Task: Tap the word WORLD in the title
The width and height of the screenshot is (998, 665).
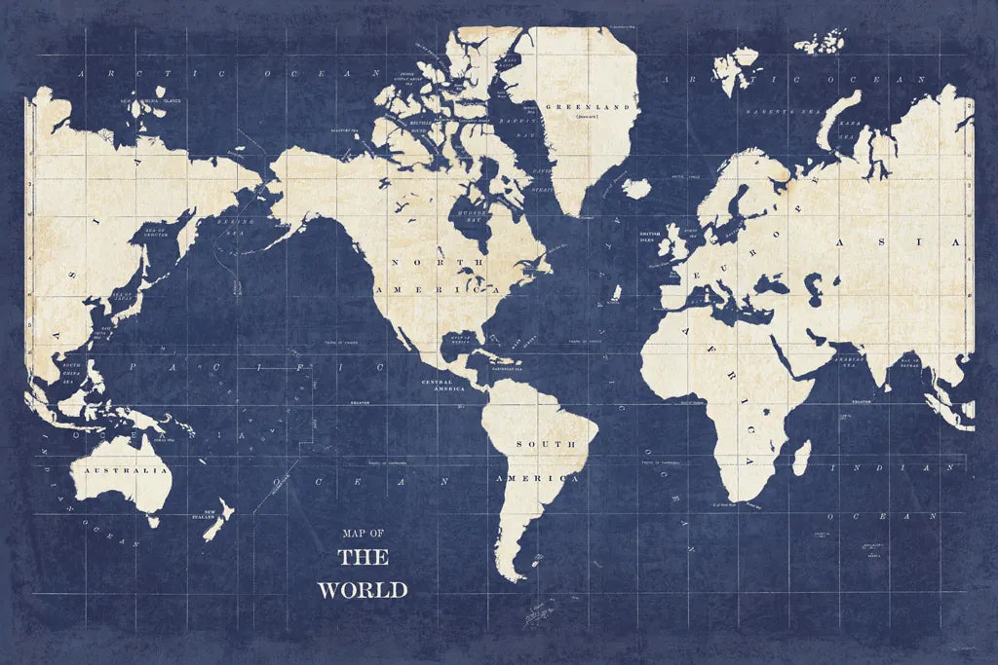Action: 363,589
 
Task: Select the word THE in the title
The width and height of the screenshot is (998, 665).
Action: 363,558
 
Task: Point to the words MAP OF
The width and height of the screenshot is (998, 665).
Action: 363,533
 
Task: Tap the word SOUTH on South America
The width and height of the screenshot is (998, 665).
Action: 546,444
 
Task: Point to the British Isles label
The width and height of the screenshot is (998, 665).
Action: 650,237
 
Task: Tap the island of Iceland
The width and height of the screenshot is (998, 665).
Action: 636,187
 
